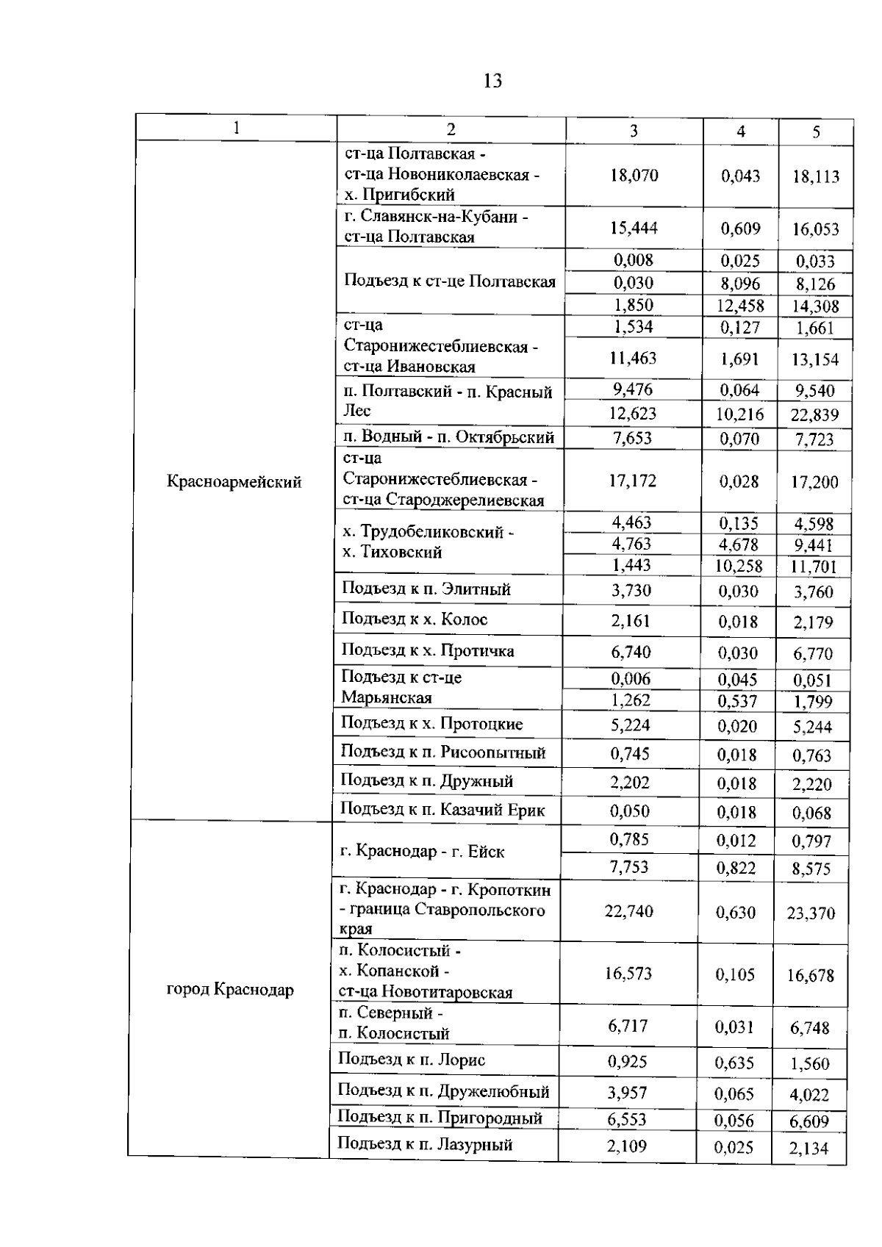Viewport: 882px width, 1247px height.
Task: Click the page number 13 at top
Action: pyautogui.click(x=493, y=81)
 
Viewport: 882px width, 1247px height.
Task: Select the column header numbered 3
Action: pyautogui.click(x=634, y=131)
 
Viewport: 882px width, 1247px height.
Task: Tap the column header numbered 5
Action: pyautogui.click(x=816, y=132)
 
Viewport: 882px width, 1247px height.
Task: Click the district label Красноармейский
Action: pyautogui.click(x=234, y=483)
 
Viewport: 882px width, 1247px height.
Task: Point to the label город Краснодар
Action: pyautogui.click(x=230, y=990)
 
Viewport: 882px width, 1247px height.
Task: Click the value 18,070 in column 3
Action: pyautogui.click(x=634, y=176)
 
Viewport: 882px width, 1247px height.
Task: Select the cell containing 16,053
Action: pyautogui.click(x=815, y=229)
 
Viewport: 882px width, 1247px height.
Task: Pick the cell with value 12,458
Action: pyautogui.click(x=740, y=306)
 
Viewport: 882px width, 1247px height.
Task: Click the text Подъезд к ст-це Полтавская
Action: pyautogui.click(x=450, y=282)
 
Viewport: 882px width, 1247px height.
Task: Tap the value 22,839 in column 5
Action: pyautogui.click(x=814, y=415)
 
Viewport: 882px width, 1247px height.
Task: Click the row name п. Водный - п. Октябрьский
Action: pyautogui.click(x=448, y=438)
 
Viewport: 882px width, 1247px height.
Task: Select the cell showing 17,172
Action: pyautogui.click(x=632, y=481)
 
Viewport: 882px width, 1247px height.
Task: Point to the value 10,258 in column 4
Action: pyautogui.click(x=740, y=567)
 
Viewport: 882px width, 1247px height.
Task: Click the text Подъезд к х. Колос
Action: pyautogui.click(x=415, y=619)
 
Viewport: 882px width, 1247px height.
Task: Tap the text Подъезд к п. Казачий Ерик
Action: pyautogui.click(x=442, y=811)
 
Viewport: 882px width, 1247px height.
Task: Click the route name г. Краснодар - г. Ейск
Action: pyautogui.click(x=423, y=852)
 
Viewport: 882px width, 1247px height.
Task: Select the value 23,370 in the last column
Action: pyautogui.click(x=811, y=913)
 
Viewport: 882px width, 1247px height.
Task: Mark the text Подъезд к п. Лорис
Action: pyautogui.click(x=412, y=1060)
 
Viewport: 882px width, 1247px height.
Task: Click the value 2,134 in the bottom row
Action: pyautogui.click(x=808, y=1149)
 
